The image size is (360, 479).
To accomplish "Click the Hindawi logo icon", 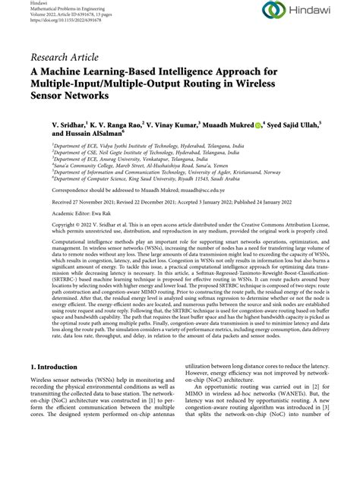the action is click(272, 12).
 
